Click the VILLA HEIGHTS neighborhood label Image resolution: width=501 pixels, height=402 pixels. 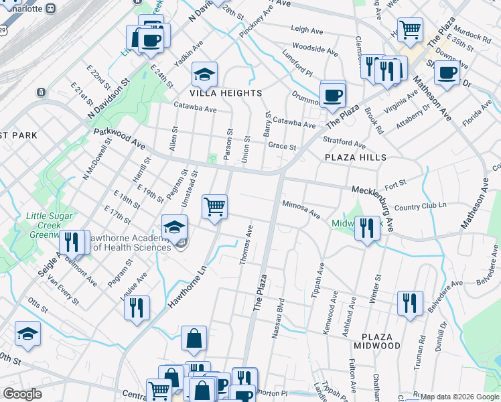[206, 93]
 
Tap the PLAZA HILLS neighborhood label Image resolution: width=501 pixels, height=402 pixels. [356, 157]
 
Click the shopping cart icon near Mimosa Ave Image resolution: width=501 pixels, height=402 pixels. [214, 207]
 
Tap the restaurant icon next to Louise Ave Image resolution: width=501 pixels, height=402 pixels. [137, 308]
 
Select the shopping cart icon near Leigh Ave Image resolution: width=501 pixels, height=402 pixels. [410, 29]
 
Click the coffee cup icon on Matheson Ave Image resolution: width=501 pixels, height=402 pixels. [447, 73]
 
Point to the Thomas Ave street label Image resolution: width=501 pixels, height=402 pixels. [245, 245]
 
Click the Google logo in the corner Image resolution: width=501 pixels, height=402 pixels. [23, 394]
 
